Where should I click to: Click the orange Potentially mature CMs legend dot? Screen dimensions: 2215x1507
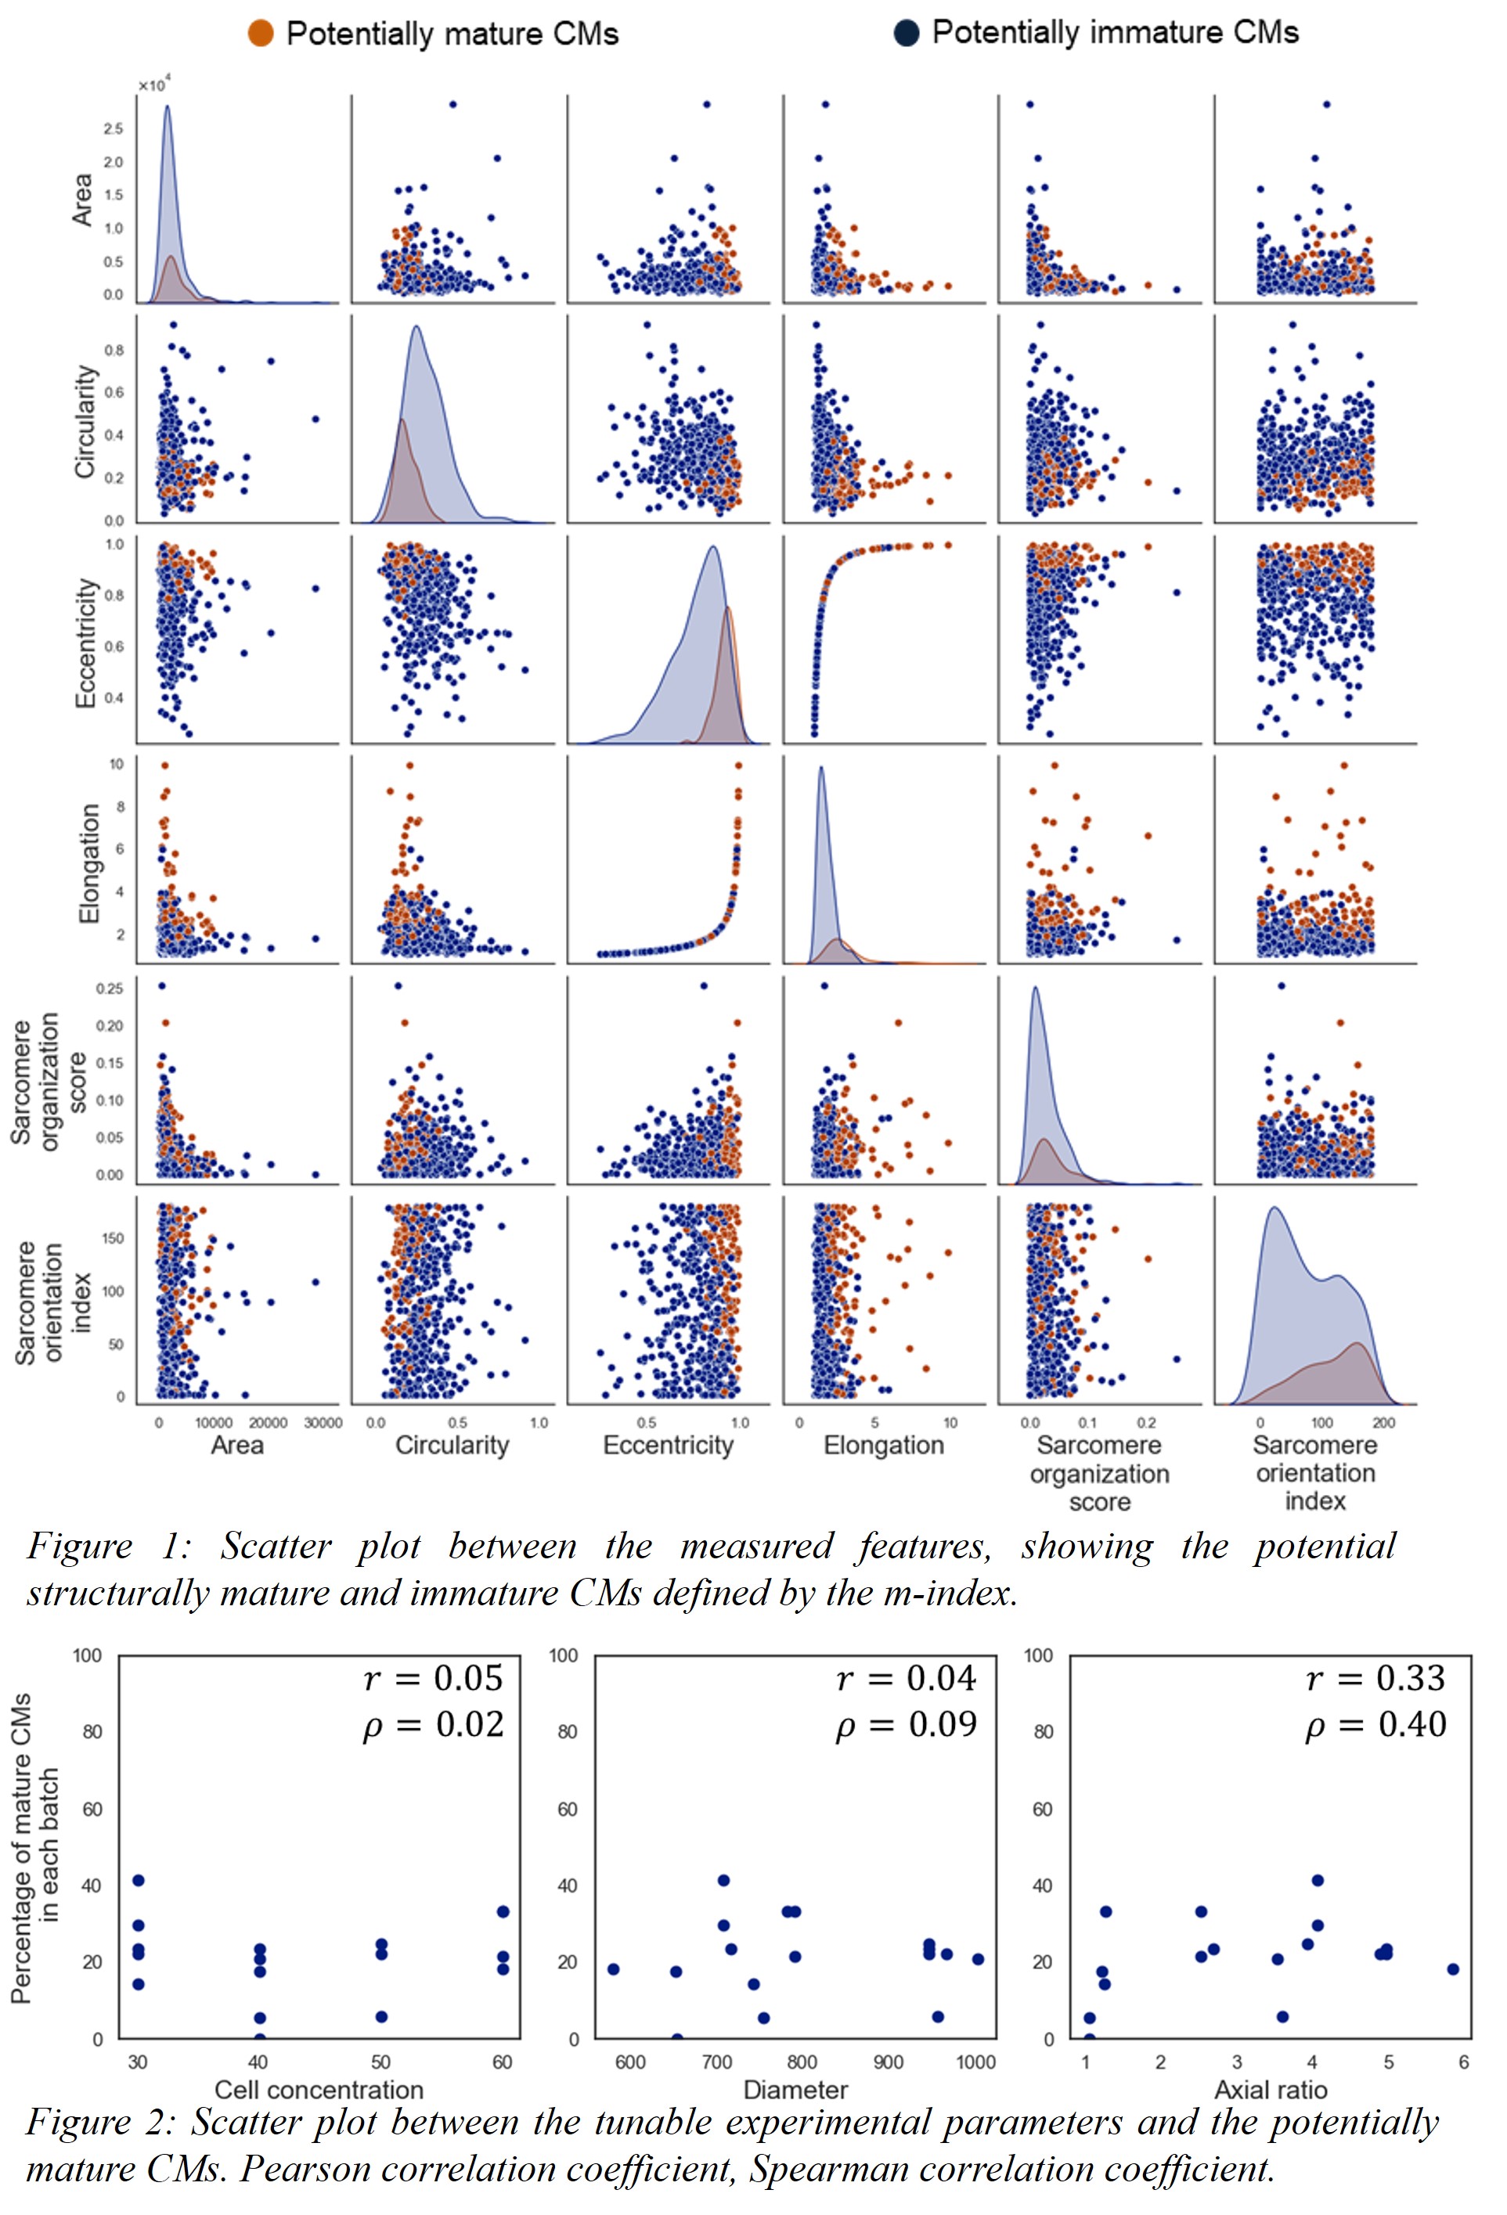(260, 34)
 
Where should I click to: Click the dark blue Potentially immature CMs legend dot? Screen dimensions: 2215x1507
(906, 34)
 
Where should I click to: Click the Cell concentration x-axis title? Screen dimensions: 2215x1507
(319, 2089)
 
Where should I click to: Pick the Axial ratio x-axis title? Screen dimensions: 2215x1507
(1271, 2089)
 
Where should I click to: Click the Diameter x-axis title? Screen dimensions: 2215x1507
(795, 2089)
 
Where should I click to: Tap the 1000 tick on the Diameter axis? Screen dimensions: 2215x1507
(976, 2062)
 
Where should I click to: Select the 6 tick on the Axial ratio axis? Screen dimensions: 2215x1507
(1463, 2062)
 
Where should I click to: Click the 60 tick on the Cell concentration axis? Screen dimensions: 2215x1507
(503, 2062)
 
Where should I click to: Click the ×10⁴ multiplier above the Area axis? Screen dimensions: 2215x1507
(153, 86)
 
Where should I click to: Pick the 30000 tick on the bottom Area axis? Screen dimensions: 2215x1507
(323, 1423)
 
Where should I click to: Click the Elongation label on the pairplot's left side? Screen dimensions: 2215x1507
(88, 863)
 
